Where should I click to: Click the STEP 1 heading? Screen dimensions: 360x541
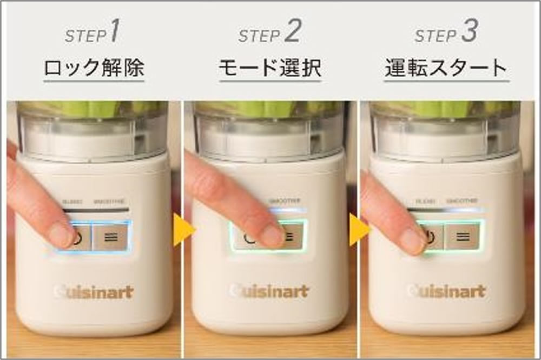(x=93, y=34)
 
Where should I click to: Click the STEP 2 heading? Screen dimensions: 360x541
(x=269, y=34)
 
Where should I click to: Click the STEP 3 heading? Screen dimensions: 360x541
(x=446, y=34)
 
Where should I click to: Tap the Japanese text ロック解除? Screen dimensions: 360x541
(x=94, y=69)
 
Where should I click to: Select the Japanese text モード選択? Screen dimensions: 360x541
(x=269, y=69)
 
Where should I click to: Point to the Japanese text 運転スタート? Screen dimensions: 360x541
(x=446, y=69)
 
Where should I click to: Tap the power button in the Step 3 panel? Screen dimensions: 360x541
(x=430, y=236)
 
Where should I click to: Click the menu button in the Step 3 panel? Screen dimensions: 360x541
(x=461, y=236)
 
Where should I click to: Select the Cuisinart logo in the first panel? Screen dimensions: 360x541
(x=93, y=292)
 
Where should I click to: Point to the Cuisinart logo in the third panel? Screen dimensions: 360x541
(x=445, y=291)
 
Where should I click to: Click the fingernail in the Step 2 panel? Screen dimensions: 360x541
(x=272, y=236)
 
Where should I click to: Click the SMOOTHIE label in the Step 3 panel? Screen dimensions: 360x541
(x=463, y=201)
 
